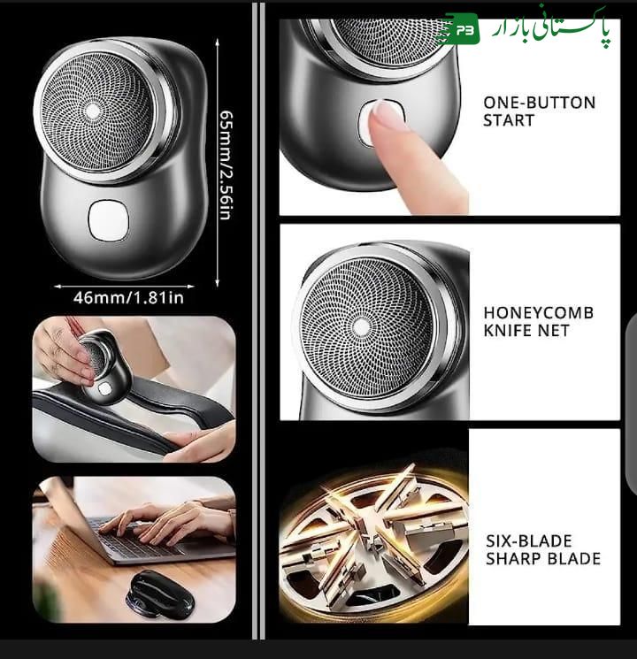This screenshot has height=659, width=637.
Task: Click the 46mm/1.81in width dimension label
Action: tap(127, 298)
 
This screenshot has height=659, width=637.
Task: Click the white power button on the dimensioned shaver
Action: tap(108, 218)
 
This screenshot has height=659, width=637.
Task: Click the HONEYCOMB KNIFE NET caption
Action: tap(538, 321)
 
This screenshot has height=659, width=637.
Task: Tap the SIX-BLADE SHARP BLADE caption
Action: tap(542, 549)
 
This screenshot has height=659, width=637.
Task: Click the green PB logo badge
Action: tap(462, 30)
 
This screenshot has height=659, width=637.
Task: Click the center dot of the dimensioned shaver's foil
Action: tap(91, 111)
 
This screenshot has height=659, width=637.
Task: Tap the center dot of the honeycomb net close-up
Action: tap(360, 327)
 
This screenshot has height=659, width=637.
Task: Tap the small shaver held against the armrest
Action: tap(104, 364)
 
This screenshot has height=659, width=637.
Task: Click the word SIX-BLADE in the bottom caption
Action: tap(529, 540)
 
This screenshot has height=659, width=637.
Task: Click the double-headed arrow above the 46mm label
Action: tap(124, 286)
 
